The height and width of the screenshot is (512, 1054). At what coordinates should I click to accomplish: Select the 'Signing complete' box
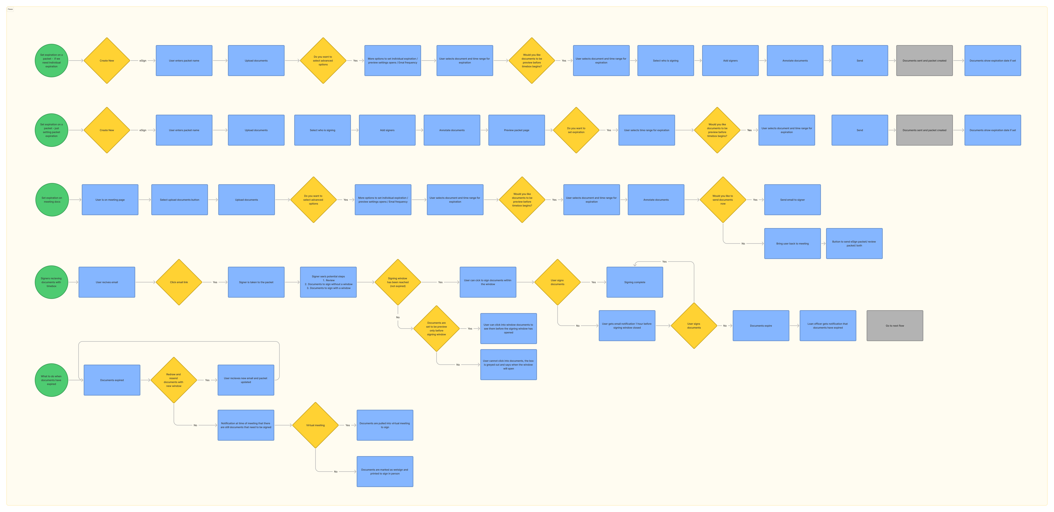click(635, 282)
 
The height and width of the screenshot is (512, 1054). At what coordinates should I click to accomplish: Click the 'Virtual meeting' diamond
click(315, 425)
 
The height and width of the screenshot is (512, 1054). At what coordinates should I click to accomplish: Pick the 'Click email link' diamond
click(179, 282)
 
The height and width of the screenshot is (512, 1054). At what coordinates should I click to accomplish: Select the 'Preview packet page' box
click(516, 130)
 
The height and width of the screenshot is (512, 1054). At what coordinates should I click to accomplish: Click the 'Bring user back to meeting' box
click(792, 244)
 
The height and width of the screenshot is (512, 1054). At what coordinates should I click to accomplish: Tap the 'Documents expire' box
click(761, 325)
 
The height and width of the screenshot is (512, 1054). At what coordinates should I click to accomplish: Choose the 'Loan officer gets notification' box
click(828, 325)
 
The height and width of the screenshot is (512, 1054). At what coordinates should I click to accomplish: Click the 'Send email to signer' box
click(792, 200)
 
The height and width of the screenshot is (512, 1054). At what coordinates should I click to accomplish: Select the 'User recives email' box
click(107, 282)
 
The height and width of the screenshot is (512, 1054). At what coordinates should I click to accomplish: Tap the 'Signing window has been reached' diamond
click(398, 282)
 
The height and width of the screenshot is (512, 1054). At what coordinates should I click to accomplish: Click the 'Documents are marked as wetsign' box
click(385, 471)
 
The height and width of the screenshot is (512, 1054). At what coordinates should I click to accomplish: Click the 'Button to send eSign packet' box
click(854, 244)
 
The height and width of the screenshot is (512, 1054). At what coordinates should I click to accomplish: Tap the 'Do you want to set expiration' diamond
click(576, 130)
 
